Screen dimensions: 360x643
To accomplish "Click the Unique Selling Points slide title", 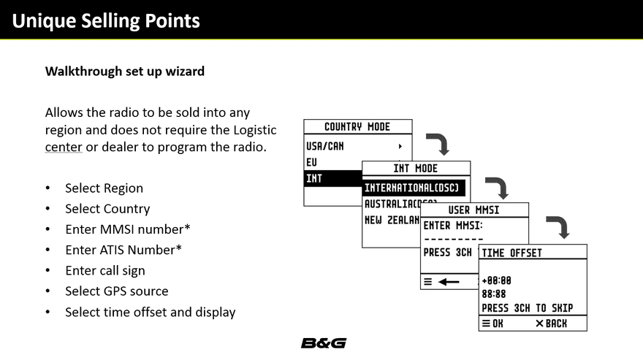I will coord(106,20).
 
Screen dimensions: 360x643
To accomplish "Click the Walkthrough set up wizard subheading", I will coord(125,72).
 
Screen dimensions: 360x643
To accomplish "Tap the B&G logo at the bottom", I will coord(323,343).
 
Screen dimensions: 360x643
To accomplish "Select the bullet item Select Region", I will coord(104,188).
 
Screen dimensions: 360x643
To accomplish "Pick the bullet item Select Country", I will coord(107,209).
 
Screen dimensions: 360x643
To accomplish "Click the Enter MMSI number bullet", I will coord(127,229).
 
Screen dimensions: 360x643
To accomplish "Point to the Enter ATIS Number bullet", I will coord(123,250).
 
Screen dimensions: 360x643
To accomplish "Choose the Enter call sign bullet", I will coord(104,270).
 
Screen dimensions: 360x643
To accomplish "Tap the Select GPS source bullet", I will coord(116,291).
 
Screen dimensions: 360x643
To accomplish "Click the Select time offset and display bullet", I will coord(150,312).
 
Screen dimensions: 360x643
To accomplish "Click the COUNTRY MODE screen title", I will coord(357,127).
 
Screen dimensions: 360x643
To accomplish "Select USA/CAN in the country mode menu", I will coord(325,146).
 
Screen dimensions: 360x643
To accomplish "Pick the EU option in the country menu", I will coord(312,162).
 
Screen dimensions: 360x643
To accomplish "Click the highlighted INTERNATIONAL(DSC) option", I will coord(412,188).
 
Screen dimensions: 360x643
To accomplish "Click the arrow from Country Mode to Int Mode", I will coord(437,143).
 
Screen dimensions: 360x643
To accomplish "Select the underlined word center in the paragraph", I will coord(63,148).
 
